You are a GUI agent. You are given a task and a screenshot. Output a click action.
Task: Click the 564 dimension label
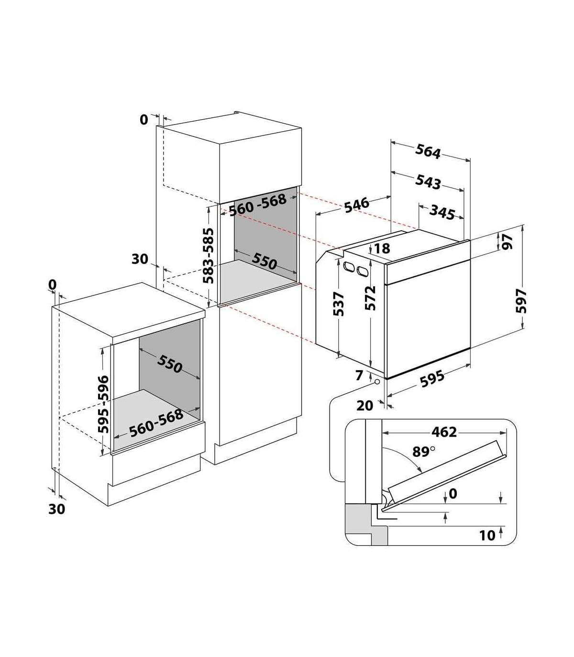[428, 152]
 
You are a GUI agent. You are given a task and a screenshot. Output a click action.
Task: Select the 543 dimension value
[428, 182]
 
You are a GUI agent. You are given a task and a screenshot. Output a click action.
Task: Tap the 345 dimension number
[442, 212]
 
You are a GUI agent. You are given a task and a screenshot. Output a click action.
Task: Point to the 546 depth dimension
[357, 205]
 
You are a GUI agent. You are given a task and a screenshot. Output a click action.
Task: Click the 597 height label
[521, 301]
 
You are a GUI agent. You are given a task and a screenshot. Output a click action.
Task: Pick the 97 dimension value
[508, 242]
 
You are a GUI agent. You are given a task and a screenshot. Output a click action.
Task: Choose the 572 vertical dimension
[370, 298]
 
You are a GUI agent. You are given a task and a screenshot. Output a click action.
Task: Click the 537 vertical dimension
[339, 304]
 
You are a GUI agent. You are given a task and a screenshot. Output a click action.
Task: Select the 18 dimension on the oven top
[382, 248]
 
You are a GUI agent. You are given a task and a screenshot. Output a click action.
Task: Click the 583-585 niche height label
[209, 256]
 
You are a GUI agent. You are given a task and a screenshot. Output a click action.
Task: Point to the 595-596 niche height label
[104, 404]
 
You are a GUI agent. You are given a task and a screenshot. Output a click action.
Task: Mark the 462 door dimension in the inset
[444, 432]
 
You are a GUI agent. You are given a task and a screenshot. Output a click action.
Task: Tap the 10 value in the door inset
[487, 536]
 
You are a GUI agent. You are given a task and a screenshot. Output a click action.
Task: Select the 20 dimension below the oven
[365, 406]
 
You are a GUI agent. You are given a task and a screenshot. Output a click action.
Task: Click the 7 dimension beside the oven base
[360, 375]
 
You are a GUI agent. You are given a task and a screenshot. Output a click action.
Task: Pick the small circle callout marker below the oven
[377, 382]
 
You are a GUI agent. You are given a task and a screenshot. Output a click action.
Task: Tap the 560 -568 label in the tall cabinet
[258, 205]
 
